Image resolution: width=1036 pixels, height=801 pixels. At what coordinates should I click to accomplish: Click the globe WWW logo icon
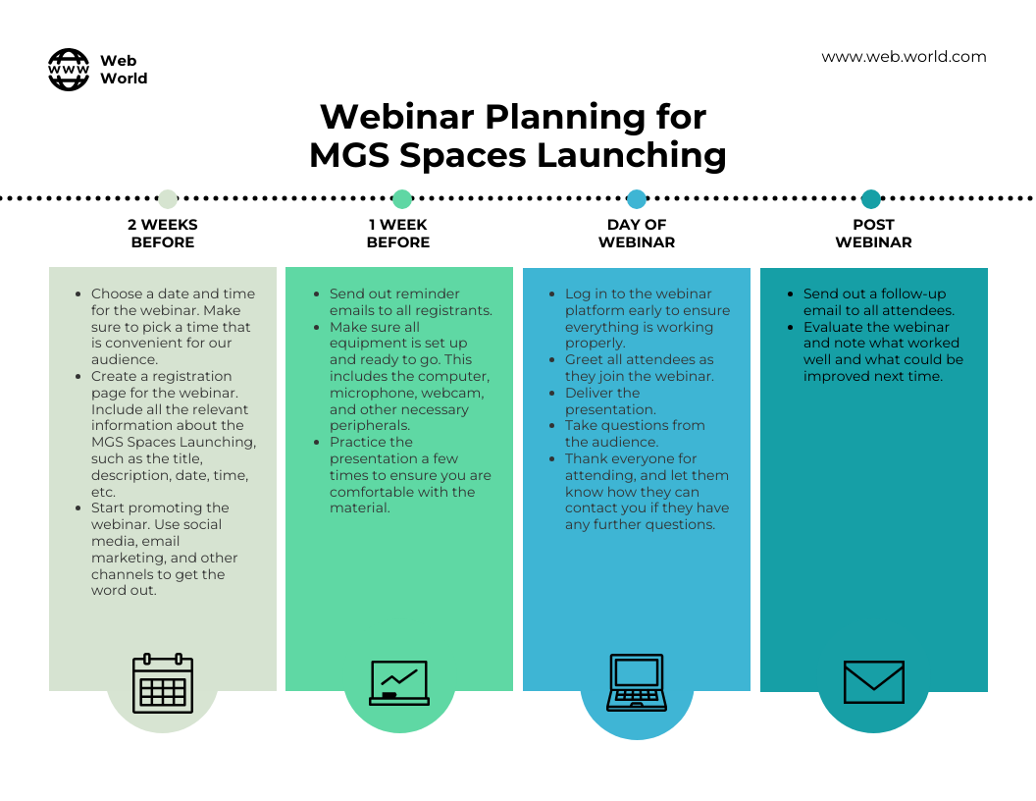click(69, 70)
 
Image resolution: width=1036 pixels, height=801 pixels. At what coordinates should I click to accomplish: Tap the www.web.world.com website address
click(904, 57)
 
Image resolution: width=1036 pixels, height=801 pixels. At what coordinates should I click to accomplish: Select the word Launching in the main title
click(631, 156)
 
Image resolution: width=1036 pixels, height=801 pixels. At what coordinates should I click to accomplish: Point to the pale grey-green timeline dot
click(168, 198)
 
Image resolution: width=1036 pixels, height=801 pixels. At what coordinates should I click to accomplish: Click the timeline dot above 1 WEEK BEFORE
click(401, 198)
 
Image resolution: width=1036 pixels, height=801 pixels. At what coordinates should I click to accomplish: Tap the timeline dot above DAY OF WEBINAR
click(637, 198)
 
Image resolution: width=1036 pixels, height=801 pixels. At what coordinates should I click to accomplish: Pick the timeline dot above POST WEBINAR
click(871, 198)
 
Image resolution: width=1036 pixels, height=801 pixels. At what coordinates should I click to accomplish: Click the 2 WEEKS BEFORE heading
click(163, 234)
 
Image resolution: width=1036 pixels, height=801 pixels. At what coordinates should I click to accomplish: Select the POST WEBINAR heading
click(873, 234)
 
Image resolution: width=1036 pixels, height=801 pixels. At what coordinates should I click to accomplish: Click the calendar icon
click(163, 683)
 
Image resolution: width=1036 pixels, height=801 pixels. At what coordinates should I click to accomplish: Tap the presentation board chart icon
click(399, 682)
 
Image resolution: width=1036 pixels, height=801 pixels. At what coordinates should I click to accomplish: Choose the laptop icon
click(637, 682)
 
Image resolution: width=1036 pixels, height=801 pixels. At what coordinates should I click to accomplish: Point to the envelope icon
click(873, 682)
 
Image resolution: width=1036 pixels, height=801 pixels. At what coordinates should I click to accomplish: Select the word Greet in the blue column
click(583, 359)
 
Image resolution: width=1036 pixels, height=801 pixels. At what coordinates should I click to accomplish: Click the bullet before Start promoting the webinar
click(78, 508)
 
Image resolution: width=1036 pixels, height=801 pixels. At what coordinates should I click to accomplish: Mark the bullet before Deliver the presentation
click(551, 394)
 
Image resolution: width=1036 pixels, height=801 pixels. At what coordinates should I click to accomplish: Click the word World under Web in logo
click(124, 78)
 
